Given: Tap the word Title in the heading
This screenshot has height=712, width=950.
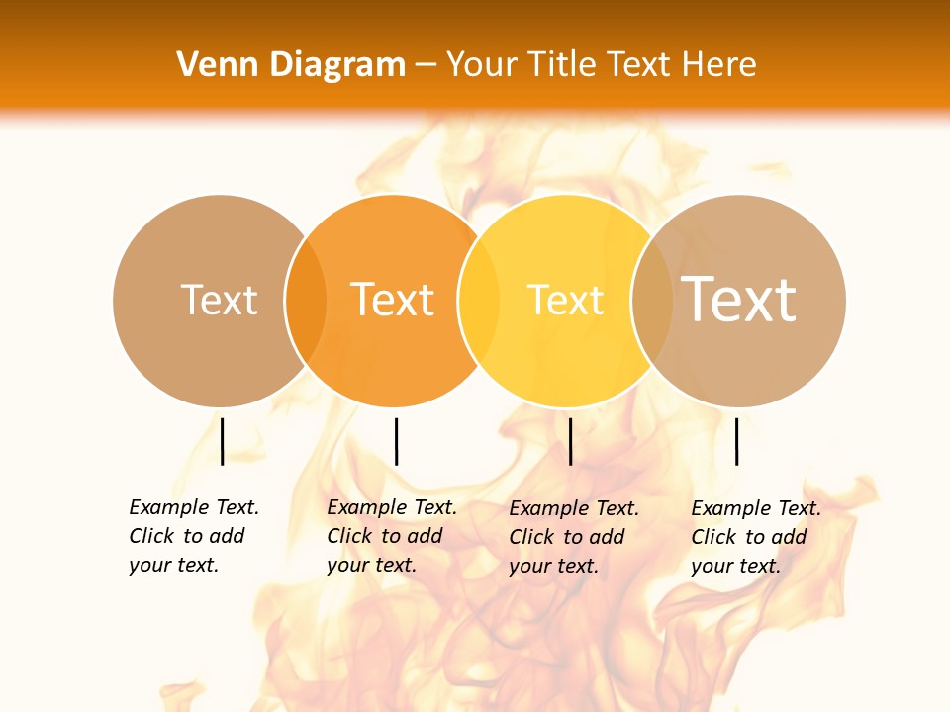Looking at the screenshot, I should coord(562,65).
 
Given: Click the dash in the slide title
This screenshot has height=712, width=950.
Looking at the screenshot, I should coord(426,65).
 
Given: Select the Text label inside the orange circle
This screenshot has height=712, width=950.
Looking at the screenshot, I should coord(392,300).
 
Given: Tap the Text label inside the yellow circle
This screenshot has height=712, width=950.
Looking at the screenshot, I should coord(565,300).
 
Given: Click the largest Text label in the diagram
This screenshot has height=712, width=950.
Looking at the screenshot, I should coord(739,300).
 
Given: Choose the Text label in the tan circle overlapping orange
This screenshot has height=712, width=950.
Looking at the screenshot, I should coord(219,300).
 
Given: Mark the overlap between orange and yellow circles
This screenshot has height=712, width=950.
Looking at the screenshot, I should coord(479,300).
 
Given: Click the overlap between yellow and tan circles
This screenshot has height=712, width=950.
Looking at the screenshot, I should coord(652,300).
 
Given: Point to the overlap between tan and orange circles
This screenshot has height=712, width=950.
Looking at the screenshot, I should coord(306,300).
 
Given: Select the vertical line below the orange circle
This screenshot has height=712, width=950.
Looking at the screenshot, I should coord(396,441).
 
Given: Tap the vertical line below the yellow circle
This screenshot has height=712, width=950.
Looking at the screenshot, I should coord(570,441).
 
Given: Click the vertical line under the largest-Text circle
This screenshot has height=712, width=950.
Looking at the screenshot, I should coord(736,441).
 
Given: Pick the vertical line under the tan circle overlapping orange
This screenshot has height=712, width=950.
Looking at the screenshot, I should coord(222,441).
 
